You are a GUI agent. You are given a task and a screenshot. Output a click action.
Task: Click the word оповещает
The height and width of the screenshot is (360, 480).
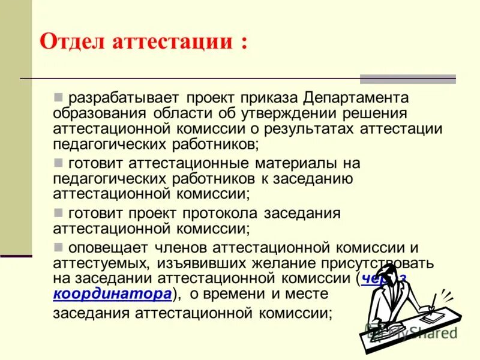pos(106,247)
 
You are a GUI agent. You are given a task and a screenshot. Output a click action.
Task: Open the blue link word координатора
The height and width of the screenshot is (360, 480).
pos(113,295)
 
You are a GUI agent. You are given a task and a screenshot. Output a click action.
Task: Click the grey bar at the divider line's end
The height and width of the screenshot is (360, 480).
pos(407,79)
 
